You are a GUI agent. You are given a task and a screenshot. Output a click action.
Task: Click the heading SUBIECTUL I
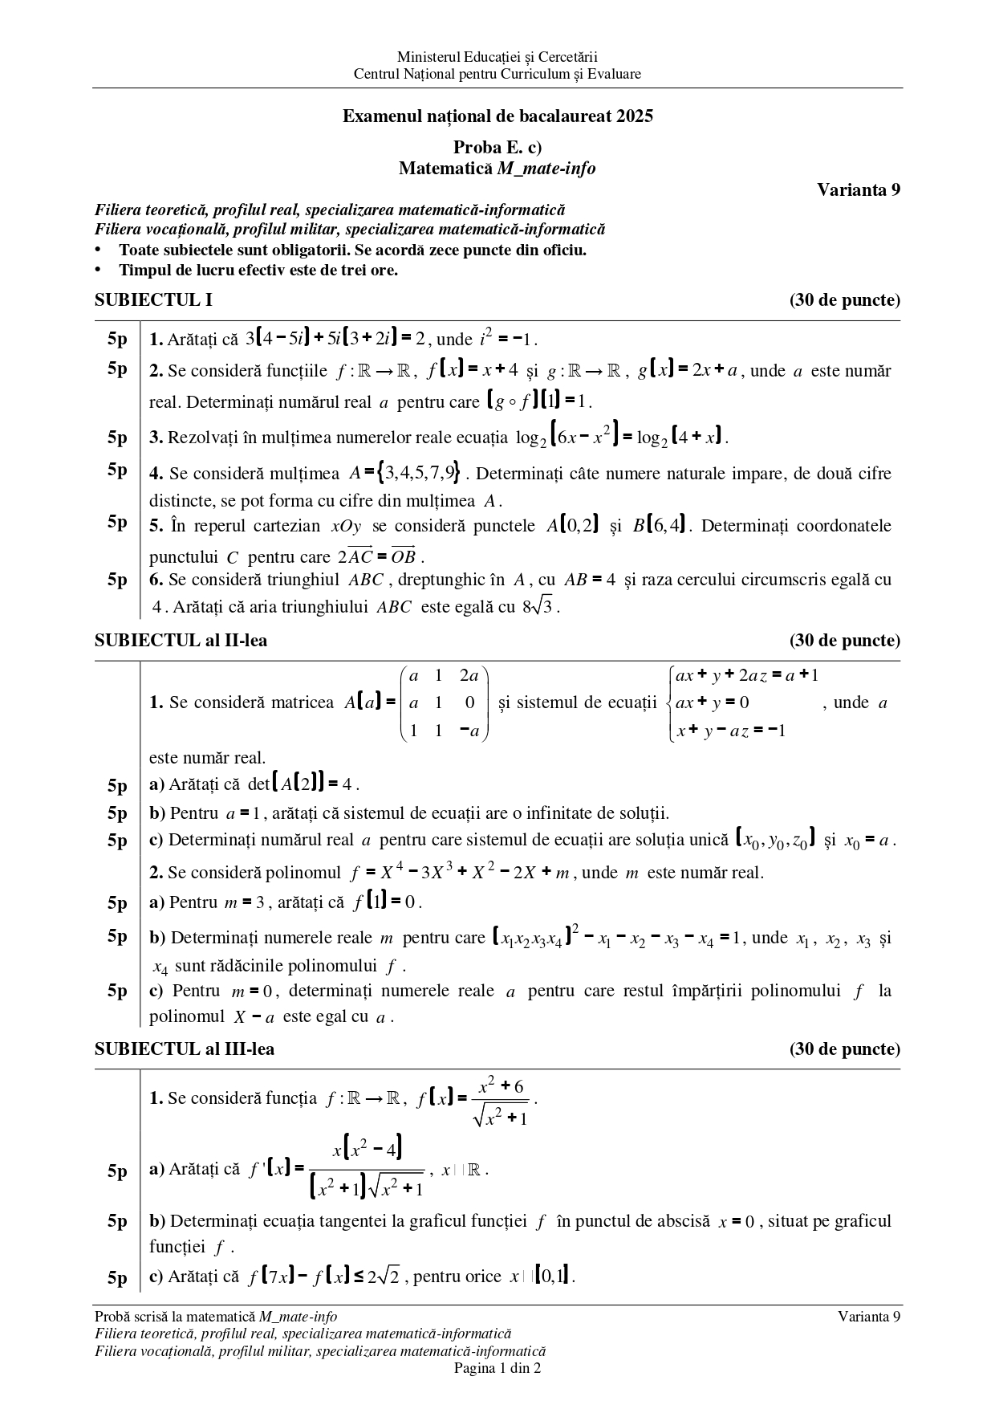[x=153, y=300]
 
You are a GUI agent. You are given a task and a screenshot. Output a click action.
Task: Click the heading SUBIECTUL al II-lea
[x=181, y=641]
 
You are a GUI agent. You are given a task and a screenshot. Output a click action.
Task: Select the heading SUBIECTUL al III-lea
[x=184, y=1049]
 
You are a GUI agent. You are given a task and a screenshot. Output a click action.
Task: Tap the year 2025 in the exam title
[x=635, y=116]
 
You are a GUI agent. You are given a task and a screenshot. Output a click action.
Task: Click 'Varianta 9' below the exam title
[x=859, y=189]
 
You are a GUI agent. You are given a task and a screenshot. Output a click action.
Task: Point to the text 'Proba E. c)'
[x=497, y=148]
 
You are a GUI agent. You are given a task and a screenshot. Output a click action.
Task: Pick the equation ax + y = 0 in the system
[x=713, y=703]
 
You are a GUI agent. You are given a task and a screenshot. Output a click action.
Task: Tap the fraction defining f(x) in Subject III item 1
[x=501, y=1102]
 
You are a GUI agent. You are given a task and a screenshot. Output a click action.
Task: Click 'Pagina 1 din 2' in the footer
[x=497, y=1368]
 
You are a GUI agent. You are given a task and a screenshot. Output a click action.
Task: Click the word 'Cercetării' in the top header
[x=568, y=57]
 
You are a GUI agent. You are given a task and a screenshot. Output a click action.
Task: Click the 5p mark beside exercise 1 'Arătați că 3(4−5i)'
[x=118, y=339]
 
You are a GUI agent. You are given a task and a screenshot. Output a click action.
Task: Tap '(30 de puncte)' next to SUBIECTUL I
[x=845, y=300]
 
